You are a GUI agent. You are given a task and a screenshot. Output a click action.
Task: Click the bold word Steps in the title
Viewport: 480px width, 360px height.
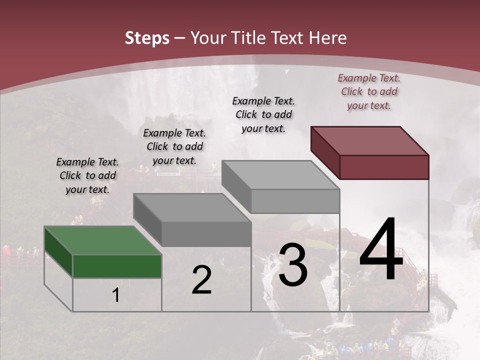pyautogui.click(x=147, y=38)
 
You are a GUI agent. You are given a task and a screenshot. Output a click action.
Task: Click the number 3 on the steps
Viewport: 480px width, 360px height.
pyautogui.click(x=293, y=265)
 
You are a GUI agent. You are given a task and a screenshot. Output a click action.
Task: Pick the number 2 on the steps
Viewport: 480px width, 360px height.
pyautogui.click(x=201, y=280)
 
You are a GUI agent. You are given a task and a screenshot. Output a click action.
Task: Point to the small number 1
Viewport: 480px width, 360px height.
pyautogui.click(x=115, y=295)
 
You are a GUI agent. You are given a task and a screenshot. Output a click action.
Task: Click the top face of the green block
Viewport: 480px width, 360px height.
pyautogui.click(x=102, y=240)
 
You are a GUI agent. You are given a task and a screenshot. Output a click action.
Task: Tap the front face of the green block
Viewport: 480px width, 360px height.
pyautogui.click(x=117, y=266)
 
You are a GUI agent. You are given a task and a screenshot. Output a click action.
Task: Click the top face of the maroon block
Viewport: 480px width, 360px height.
pyautogui.click(x=369, y=140)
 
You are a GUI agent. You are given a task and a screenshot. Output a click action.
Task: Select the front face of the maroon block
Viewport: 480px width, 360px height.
pyautogui.click(x=384, y=167)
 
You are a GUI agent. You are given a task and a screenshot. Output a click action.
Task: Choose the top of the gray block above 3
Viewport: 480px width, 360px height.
pyautogui.click(x=280, y=175)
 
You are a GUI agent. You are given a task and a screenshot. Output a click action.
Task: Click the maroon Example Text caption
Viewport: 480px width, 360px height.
pyautogui.click(x=369, y=91)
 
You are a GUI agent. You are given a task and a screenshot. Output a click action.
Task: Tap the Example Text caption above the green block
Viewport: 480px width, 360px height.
pyautogui.click(x=87, y=175)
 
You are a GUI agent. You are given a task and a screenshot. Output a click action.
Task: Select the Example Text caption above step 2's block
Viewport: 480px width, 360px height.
pyautogui.click(x=174, y=146)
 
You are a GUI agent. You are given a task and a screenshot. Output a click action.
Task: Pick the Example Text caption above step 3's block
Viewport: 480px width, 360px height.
pyautogui.click(x=263, y=114)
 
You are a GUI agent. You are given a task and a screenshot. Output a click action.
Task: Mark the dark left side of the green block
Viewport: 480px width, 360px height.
pyautogui.click(x=58, y=252)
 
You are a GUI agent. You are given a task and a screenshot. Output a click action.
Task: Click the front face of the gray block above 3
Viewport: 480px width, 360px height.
pyautogui.click(x=295, y=201)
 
